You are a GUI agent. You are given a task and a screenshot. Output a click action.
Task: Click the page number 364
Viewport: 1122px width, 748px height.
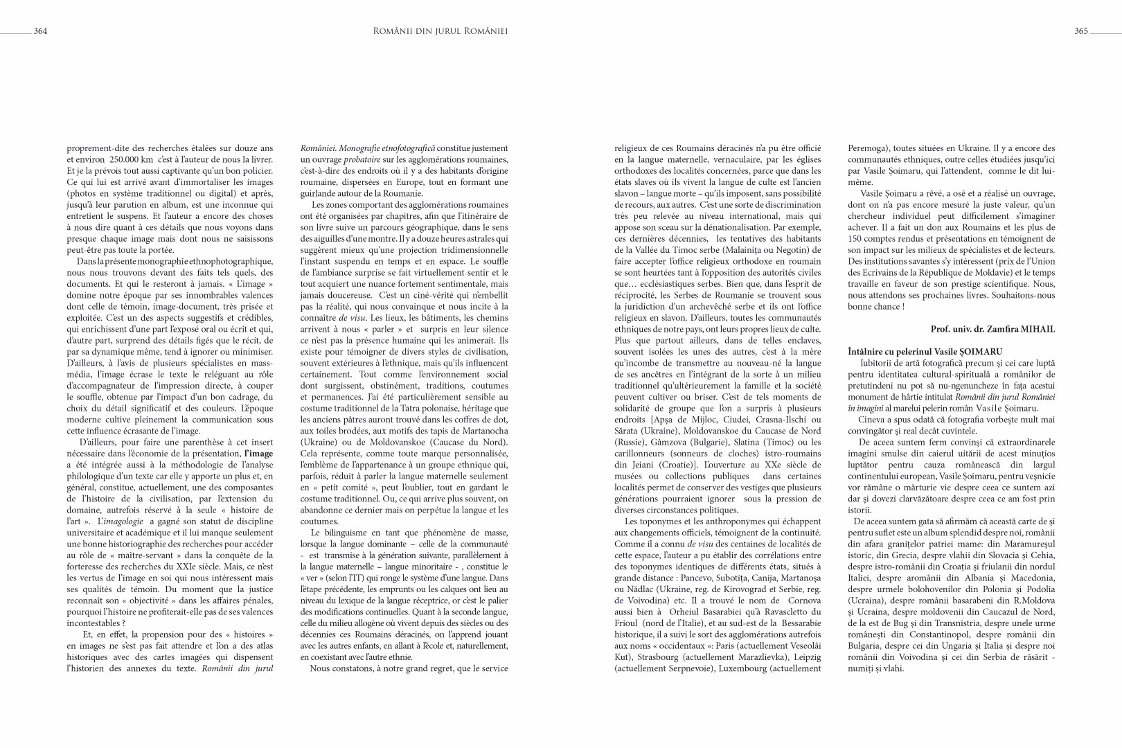[x=40, y=30]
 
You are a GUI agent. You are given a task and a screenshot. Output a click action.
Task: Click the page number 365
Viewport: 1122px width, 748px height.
[x=1081, y=30]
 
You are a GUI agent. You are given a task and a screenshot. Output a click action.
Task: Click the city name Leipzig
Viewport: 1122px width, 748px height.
[x=803, y=657]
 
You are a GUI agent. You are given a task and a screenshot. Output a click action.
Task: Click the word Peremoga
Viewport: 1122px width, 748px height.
[x=869, y=148]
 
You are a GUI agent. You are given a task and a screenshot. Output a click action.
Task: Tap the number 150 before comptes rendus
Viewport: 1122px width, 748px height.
[x=855, y=238]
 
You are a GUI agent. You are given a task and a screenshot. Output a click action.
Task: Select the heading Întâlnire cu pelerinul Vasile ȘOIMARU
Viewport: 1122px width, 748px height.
[x=925, y=353]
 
